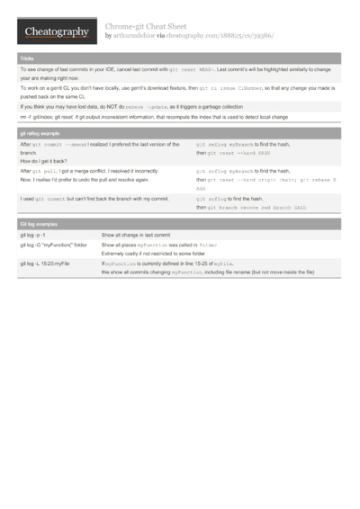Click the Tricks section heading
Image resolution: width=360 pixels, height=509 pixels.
(x=27, y=58)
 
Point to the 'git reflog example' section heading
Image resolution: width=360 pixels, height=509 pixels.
(x=41, y=131)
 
